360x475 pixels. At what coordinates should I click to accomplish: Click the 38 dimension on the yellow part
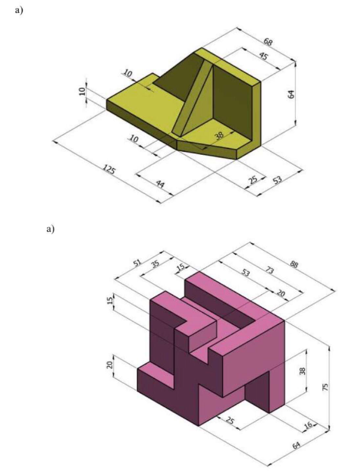pos(219,135)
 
